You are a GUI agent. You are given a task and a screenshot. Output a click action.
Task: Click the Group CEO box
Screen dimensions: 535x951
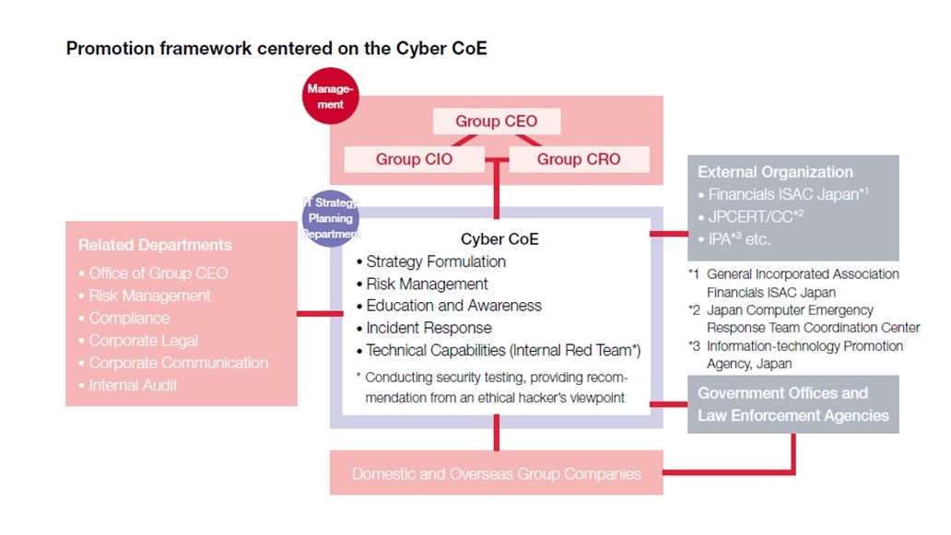[496, 122]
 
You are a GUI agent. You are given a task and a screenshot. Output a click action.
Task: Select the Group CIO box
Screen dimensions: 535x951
[414, 159]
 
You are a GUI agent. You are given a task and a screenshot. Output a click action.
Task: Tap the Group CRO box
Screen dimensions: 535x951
[579, 159]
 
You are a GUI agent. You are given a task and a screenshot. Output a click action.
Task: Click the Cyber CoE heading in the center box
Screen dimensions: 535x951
[499, 239]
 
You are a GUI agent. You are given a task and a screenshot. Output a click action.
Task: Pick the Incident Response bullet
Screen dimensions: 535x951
[429, 328]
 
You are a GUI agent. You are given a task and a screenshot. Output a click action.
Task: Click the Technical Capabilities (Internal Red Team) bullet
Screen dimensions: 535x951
[503, 350]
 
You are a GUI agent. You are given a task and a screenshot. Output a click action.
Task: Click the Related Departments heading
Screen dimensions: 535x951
[155, 245]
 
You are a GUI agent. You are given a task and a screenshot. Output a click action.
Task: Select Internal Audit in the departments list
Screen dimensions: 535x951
[133, 385]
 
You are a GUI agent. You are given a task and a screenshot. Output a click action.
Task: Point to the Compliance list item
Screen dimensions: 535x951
[129, 319]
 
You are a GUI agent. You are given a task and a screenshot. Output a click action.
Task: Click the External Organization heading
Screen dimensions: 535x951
[775, 172]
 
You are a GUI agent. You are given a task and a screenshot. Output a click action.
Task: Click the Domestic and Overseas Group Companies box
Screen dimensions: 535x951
[496, 474]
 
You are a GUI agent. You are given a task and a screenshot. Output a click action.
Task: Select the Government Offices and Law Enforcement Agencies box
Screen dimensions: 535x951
[792, 404]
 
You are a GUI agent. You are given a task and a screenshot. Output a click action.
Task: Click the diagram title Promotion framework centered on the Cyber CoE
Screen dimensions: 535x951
[276, 49]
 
